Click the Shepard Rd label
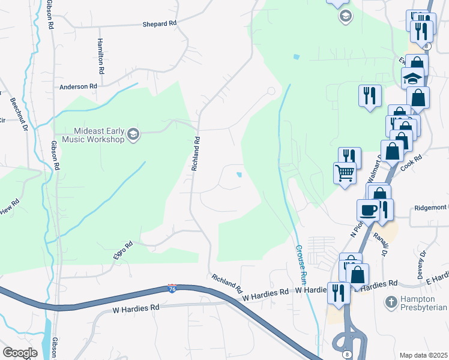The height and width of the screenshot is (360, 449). point(160,23)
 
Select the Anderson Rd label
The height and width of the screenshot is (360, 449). point(78,87)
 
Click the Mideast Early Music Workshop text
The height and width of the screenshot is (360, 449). point(99,135)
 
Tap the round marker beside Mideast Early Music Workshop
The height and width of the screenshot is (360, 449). point(133,134)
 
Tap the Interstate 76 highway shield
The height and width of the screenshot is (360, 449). point(172,289)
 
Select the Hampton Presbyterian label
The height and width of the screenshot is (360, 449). point(424,303)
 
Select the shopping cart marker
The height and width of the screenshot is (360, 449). point(345,173)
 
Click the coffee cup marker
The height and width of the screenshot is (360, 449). point(368,210)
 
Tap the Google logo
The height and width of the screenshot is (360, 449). point(20,353)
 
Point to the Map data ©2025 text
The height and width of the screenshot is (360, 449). point(423,355)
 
